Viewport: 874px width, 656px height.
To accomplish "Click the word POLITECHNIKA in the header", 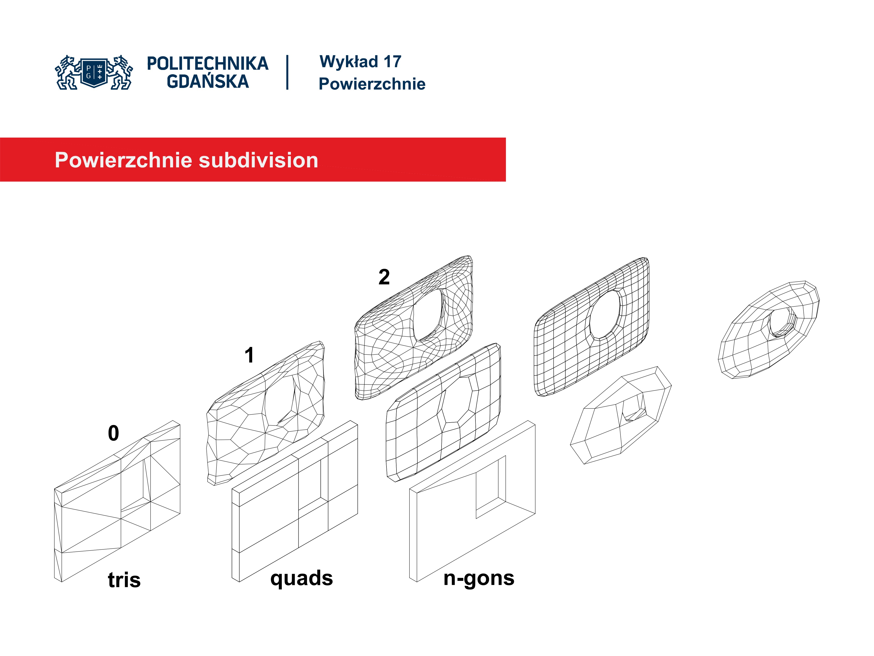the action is click(x=207, y=64).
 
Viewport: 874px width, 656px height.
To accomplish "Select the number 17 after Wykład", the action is click(x=392, y=62).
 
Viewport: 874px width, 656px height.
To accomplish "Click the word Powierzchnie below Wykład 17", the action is click(x=372, y=84).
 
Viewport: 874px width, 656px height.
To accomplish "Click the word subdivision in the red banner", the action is click(x=258, y=160).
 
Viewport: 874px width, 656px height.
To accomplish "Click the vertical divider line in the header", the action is click(x=287, y=72).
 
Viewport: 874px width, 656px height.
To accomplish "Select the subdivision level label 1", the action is click(x=249, y=355).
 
